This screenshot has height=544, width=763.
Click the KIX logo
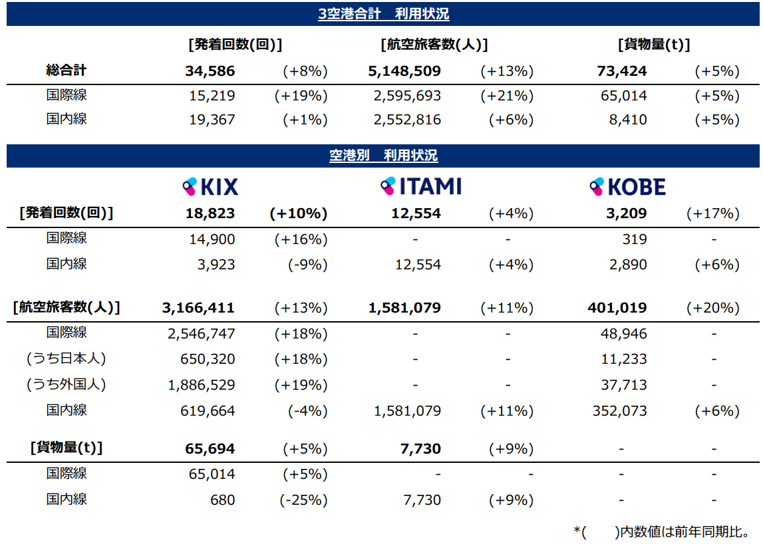(x=210, y=187)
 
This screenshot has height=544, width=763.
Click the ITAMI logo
(x=420, y=186)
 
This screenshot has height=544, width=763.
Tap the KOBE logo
(x=627, y=187)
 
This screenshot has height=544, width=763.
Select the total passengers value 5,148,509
(x=404, y=71)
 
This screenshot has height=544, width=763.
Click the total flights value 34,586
(x=210, y=71)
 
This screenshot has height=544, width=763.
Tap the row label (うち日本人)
(x=67, y=358)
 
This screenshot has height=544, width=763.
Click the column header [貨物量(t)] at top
(x=653, y=45)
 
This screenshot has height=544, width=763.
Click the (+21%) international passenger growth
(x=507, y=96)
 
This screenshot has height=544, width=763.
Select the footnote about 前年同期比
(x=661, y=531)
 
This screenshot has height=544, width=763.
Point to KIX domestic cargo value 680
(x=222, y=499)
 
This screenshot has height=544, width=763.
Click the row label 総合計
(x=67, y=70)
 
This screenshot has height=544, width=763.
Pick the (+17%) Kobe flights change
(x=713, y=213)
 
